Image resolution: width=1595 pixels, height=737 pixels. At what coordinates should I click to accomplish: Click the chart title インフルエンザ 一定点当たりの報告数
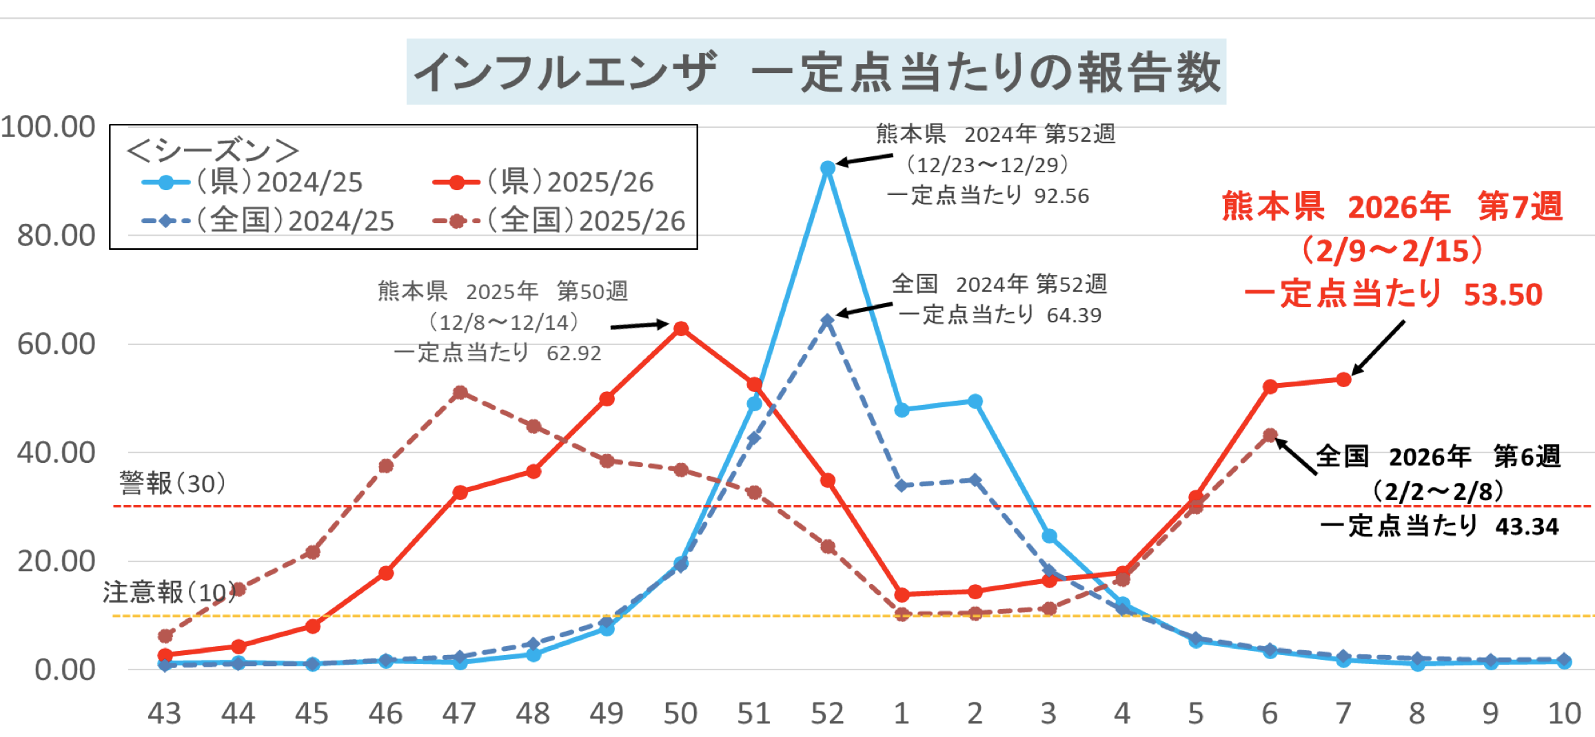point(816,72)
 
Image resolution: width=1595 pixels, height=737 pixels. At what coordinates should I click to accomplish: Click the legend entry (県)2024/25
point(278,183)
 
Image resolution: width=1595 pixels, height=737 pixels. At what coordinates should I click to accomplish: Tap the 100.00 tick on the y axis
point(48,127)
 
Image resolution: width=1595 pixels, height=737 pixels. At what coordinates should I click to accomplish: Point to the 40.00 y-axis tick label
point(57,453)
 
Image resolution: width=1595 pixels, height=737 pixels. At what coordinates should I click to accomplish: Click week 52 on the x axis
point(827,714)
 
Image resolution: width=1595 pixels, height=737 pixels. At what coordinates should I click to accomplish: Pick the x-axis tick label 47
point(459,714)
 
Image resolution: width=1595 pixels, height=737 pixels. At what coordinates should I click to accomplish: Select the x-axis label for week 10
point(1564,714)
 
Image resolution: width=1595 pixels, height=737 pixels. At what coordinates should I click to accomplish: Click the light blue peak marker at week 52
point(828,168)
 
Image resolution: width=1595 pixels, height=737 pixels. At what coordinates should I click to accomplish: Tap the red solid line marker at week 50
point(681,329)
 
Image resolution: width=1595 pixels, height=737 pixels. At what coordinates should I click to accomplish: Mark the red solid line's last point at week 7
point(1343,380)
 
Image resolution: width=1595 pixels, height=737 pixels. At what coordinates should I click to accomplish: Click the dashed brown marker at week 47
point(460,393)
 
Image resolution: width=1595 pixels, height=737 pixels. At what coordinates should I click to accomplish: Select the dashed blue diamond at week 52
point(827,321)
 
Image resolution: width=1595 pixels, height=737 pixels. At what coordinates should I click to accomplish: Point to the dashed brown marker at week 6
point(1270,435)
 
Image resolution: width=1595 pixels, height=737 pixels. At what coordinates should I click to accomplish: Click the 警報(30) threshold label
point(172,484)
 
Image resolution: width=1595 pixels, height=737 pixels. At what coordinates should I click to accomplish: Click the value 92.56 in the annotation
point(1061,196)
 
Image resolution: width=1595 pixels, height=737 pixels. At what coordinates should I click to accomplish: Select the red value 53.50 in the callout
point(1503,295)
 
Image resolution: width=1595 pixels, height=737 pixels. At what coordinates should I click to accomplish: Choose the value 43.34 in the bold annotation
point(1527,527)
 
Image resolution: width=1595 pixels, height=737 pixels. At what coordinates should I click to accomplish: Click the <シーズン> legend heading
point(213,150)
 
